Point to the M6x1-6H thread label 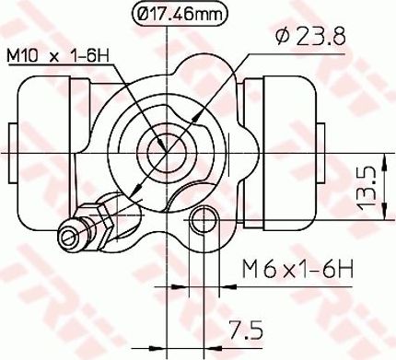(297, 268)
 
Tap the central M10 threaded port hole (167, 152)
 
